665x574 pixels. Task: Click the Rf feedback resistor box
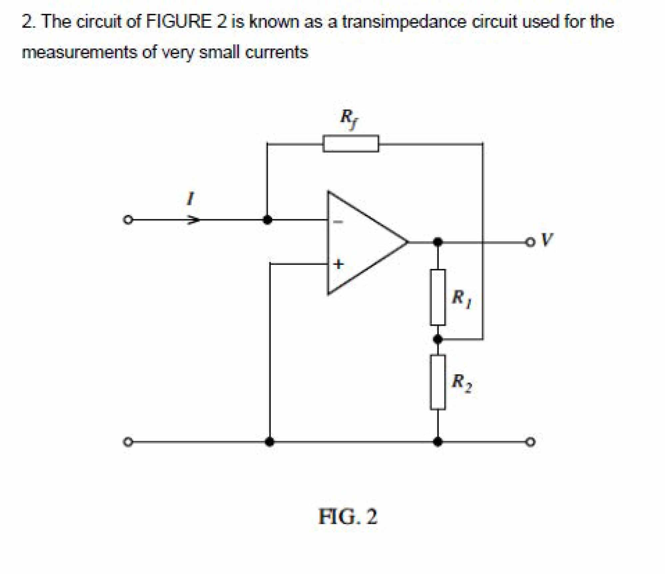coord(350,143)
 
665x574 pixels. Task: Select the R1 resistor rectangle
coord(437,297)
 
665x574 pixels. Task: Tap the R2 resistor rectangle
coord(437,382)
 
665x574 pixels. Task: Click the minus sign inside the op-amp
coord(338,222)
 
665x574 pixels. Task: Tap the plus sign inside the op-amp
coord(338,264)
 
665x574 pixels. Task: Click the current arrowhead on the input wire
coord(194,220)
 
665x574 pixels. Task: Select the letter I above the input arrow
coord(190,199)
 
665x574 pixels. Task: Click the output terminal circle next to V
coord(530,242)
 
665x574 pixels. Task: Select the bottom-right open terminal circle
coord(530,442)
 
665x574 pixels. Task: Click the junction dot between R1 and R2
coord(438,339)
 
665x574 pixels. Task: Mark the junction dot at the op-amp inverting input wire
coord(267,220)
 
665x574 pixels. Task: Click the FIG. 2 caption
coord(348,517)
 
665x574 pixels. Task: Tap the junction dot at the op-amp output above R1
coord(438,242)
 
